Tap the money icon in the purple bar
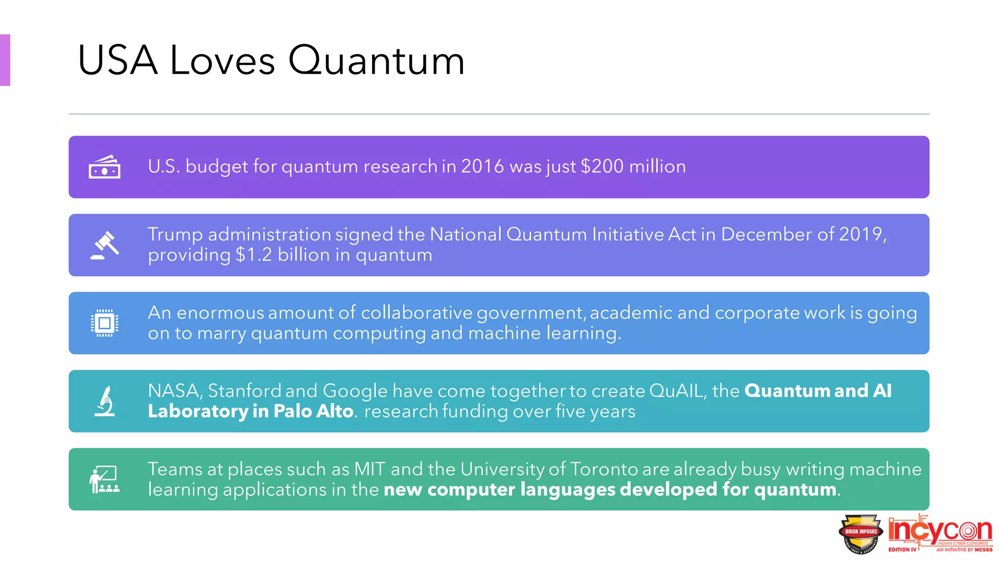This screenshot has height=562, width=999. (104, 167)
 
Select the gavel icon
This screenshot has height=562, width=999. (105, 245)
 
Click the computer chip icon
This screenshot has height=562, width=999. (104, 323)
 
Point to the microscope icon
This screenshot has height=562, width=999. (105, 401)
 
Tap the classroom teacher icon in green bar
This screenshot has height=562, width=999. (104, 479)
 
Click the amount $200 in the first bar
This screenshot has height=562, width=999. (602, 166)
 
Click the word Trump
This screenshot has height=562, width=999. (175, 235)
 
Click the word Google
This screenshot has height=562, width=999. (355, 391)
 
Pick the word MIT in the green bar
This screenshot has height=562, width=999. (369, 469)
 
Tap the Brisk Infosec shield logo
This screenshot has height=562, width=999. (860, 534)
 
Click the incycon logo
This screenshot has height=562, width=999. (940, 533)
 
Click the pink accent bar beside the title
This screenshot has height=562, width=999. (5, 60)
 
